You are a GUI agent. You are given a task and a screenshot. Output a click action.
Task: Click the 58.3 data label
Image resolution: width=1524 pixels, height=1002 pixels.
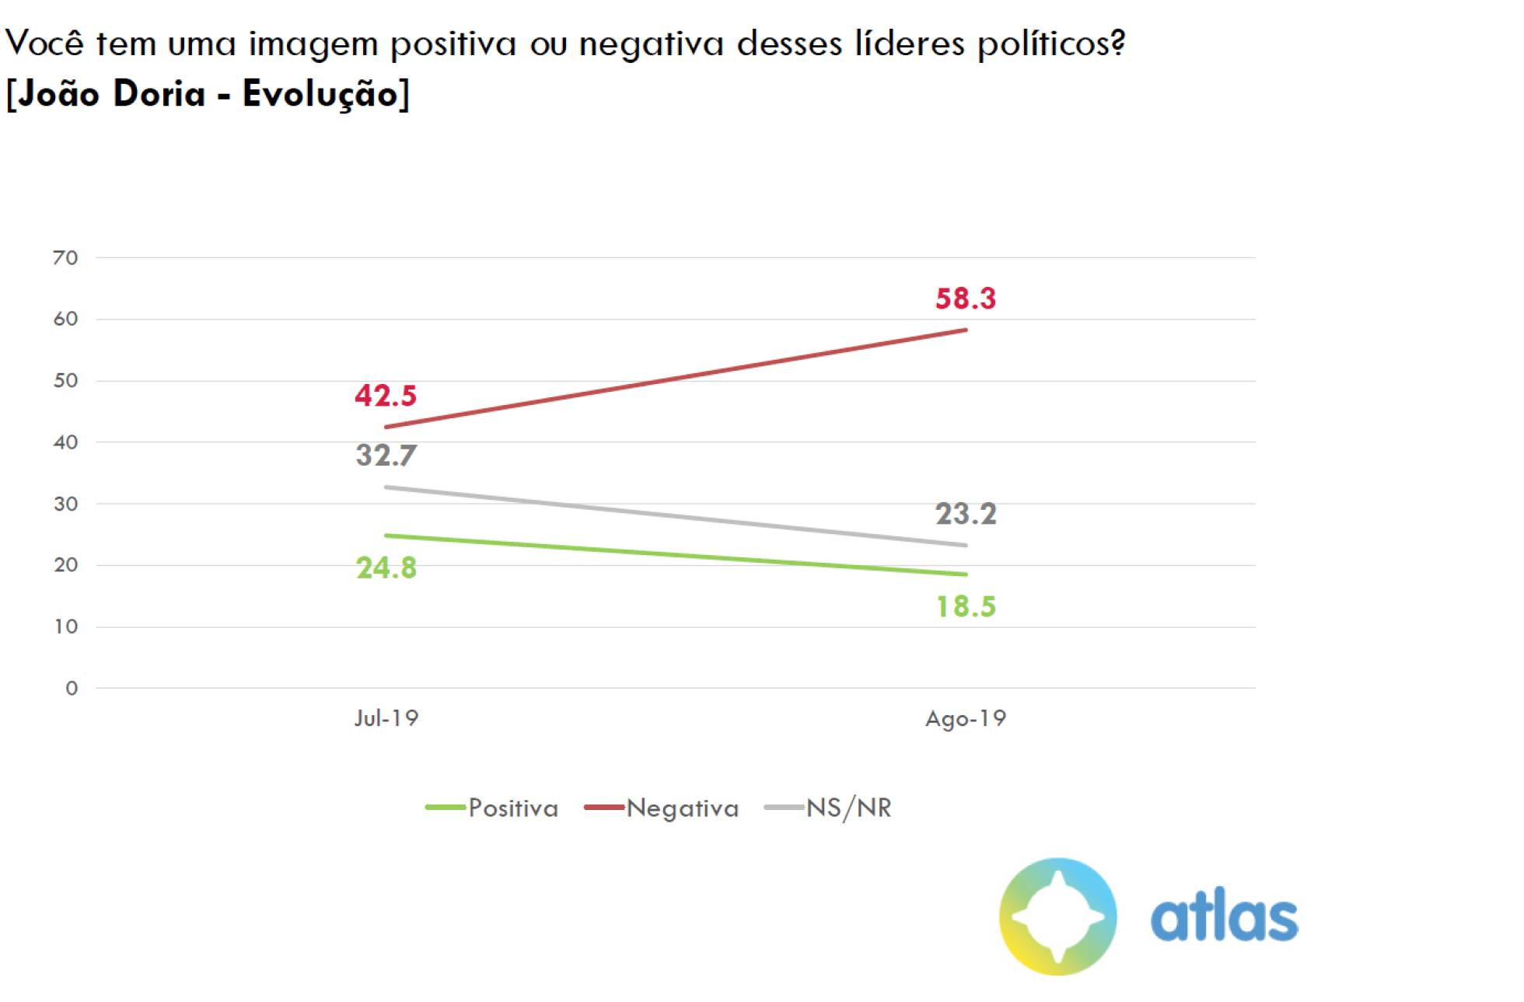965,299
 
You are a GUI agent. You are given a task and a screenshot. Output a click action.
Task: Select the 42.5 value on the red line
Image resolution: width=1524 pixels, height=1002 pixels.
386,396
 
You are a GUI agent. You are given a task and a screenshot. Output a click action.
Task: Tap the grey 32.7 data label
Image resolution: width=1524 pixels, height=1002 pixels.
386,455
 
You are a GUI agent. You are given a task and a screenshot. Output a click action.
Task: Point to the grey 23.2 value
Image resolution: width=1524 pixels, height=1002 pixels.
965,514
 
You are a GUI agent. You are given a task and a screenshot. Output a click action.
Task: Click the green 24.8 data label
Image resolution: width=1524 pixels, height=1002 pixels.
386,568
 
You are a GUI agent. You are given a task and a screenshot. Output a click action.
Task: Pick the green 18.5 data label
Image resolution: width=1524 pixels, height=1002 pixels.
965,606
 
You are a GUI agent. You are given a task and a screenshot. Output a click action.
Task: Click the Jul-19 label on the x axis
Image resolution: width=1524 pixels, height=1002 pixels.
386,717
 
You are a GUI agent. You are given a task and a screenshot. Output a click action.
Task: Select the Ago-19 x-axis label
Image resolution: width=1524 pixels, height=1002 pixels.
965,718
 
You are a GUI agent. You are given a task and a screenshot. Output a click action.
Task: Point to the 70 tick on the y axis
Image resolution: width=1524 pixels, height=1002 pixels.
66,257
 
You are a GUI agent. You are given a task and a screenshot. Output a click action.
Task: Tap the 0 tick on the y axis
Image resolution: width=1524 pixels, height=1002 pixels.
72,688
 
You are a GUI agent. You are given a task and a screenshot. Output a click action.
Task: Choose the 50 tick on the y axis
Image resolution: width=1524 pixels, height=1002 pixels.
66,380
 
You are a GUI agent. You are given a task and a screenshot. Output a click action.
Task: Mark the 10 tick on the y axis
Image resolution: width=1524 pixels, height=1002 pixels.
66,627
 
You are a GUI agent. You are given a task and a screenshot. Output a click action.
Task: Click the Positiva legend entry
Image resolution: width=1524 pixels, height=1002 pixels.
512,808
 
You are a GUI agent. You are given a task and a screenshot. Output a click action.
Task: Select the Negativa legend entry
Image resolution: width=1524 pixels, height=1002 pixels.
682,808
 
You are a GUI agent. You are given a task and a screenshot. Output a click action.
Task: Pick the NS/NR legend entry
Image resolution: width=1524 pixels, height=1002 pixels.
848,808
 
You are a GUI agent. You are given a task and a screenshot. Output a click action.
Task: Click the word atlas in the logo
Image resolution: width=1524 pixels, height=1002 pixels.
1224,917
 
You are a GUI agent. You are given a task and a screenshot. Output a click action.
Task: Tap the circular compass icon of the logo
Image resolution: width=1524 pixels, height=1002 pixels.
1057,916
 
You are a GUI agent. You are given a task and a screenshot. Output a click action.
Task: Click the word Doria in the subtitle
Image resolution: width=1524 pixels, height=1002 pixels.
159,94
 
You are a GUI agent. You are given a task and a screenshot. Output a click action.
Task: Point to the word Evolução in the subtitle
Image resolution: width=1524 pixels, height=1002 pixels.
320,94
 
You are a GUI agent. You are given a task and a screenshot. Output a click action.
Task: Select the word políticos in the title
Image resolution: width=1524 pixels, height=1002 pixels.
1050,44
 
